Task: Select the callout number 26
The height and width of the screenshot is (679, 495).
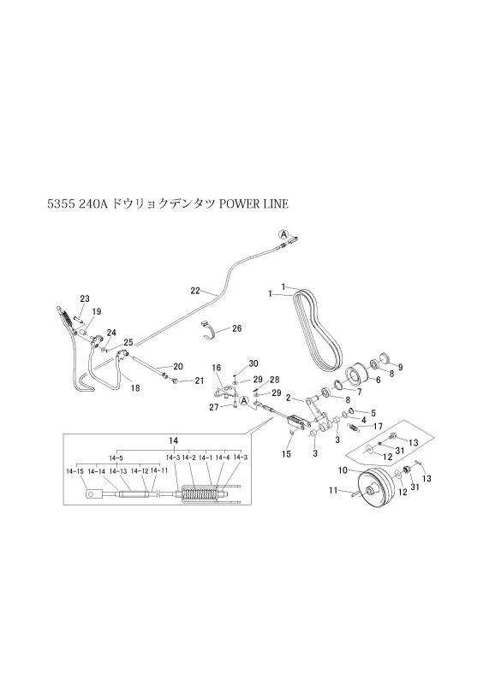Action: tap(236, 328)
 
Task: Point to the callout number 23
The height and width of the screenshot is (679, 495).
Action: tap(85, 298)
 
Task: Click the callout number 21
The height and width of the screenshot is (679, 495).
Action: tap(199, 381)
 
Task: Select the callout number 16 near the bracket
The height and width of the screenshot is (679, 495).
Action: tap(217, 368)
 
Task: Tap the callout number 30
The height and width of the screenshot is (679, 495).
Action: tap(253, 363)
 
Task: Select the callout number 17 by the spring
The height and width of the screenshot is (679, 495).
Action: tap(376, 426)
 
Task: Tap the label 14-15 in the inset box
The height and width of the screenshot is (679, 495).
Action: tap(74, 470)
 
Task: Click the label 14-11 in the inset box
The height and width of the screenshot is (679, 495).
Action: tap(158, 470)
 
